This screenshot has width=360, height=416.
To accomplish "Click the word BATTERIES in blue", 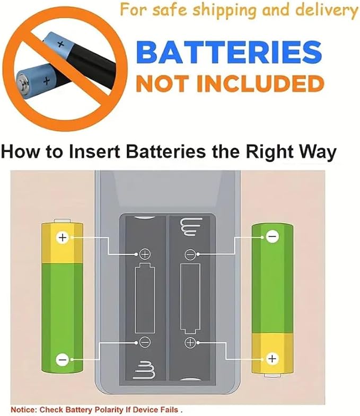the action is coord(229,52).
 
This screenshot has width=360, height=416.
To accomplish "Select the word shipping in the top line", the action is coord(224,11).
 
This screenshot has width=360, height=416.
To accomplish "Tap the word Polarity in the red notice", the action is coord(110,409).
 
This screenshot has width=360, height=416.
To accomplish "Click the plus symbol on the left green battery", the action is coord(63,237).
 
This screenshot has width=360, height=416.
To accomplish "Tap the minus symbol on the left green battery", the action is coord(63,360).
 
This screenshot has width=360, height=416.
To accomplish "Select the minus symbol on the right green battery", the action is coord(272,236).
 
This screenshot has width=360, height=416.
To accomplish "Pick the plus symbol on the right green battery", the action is coord(272,359).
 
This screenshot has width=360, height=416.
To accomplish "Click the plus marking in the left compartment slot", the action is coord(145,254).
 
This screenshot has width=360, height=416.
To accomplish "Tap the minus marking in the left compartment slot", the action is coord(145,342).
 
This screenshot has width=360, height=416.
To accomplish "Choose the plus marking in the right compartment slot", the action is coord(190,342).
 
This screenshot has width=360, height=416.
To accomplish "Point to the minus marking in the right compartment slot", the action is coord(190,255).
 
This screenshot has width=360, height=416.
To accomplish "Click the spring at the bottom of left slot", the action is coord(145,370).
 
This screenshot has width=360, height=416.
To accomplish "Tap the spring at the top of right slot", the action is coord(191,227).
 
